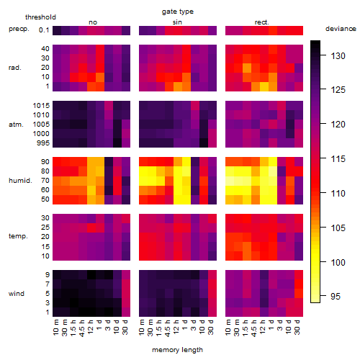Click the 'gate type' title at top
point(178,12)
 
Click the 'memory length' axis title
point(177,350)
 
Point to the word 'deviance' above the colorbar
point(341,29)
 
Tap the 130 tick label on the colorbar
point(338,56)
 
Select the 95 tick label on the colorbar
point(336,297)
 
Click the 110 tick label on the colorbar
point(338,193)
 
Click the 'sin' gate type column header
point(177,22)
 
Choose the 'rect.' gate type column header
point(261,22)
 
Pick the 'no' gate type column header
point(93,22)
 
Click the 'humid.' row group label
point(20,181)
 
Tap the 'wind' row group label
point(17,294)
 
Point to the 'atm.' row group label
point(16,125)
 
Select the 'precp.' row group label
point(19,29)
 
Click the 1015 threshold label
point(41,106)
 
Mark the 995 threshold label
point(43,143)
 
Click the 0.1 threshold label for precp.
point(44,30)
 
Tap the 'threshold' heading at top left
point(40,17)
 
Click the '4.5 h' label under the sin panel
point(168,328)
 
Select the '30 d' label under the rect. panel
point(297,327)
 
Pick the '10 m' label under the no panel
point(55,327)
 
